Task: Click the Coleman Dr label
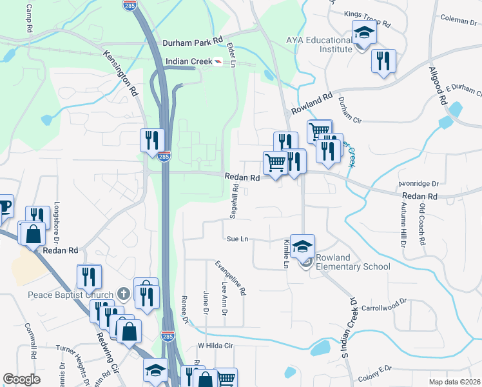(456, 21)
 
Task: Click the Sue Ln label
(238, 239)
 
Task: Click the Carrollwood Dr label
(385, 301)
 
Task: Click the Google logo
(21, 379)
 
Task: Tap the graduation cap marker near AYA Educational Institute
(364, 33)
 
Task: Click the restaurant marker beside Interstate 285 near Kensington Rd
(153, 140)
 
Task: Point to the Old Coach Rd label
(423, 225)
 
